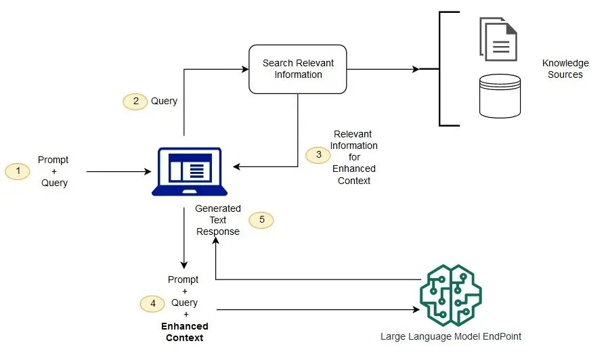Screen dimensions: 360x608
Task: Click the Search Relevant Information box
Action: [x=298, y=69]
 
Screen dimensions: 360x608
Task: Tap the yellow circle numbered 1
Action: [x=18, y=171]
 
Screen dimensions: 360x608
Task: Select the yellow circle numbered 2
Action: [x=135, y=101]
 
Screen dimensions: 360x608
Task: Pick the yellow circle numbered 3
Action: [x=318, y=155]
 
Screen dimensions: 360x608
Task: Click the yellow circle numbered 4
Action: [x=152, y=304]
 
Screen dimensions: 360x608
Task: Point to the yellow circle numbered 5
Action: [x=261, y=220]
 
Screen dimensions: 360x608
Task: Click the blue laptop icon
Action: [x=186, y=172]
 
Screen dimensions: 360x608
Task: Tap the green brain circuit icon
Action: [x=450, y=296]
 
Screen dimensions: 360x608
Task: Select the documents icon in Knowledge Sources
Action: [x=498, y=39]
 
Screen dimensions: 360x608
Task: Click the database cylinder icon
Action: [x=499, y=97]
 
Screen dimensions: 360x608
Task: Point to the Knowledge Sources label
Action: [x=565, y=68]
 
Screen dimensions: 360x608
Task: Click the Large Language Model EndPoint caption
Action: [x=450, y=336]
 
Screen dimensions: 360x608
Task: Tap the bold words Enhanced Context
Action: [x=184, y=332]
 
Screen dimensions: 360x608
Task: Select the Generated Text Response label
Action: [x=217, y=220]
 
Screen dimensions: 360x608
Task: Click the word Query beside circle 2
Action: [x=164, y=101]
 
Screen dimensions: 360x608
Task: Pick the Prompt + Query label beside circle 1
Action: [x=53, y=171]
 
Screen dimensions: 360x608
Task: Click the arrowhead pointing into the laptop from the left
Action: [x=148, y=172]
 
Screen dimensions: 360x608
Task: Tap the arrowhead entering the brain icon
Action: [x=414, y=310]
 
